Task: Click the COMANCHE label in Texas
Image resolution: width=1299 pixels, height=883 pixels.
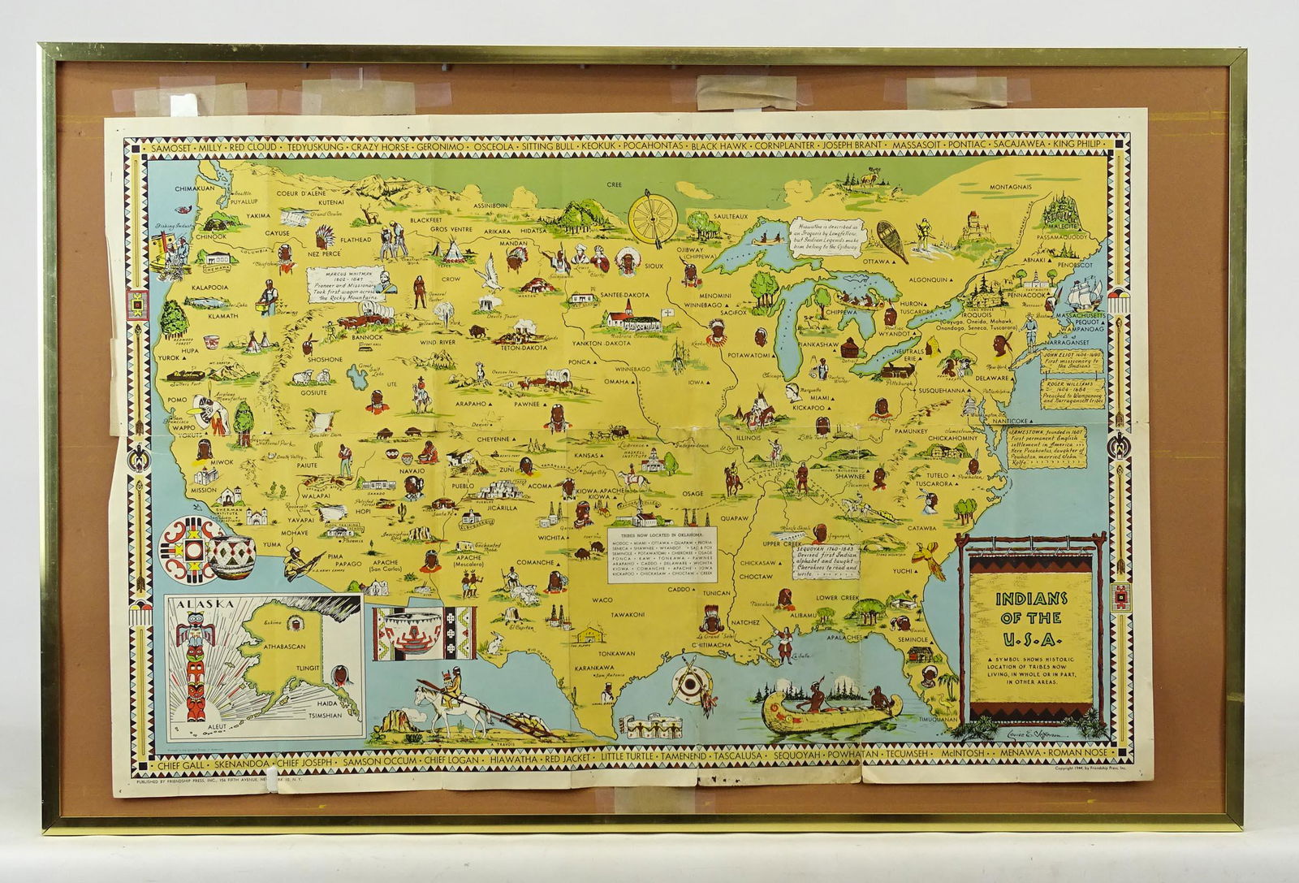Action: coord(535,561)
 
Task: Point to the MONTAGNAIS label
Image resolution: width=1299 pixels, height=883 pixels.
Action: coord(1010,186)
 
